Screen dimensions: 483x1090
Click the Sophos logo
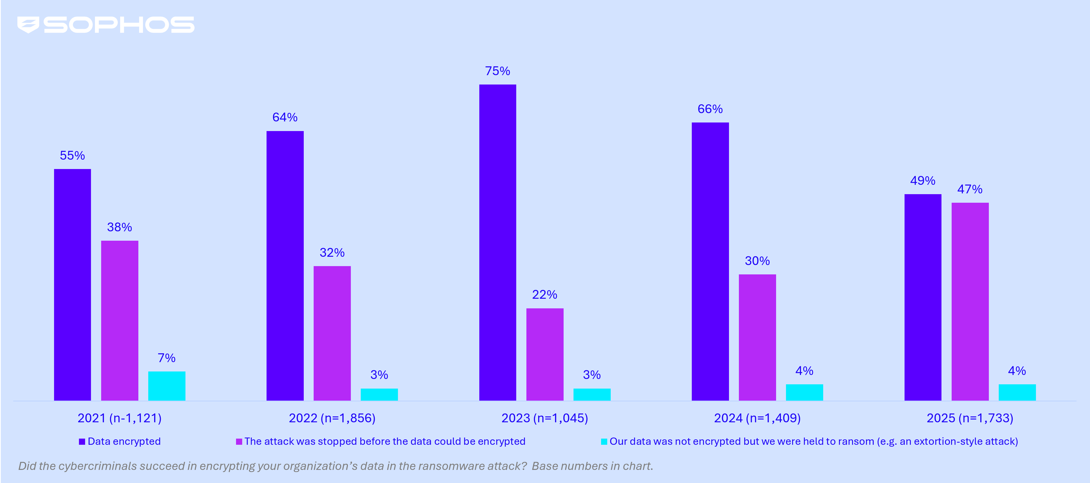[x=106, y=25]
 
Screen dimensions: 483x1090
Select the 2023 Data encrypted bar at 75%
[x=497, y=242]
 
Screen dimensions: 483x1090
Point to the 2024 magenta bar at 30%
[x=757, y=337]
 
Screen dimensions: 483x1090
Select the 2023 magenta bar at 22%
[x=545, y=354]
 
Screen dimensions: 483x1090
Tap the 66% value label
[x=710, y=109]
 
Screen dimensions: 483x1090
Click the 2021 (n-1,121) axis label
[x=119, y=418]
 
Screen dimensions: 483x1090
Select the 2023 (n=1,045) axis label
[x=545, y=418]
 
